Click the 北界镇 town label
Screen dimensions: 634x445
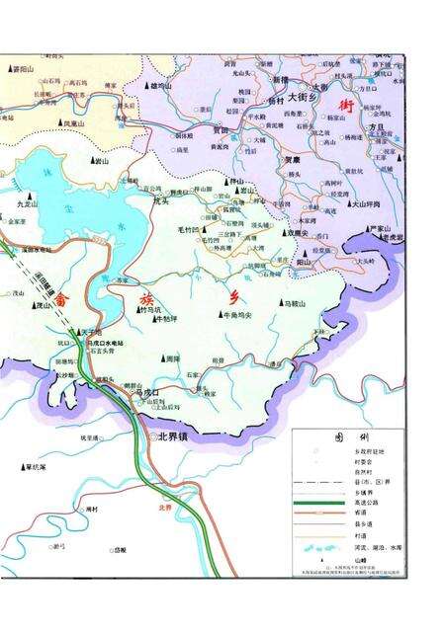(168, 435)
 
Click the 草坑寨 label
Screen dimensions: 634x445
(41, 467)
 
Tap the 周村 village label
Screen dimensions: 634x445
(94, 508)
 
